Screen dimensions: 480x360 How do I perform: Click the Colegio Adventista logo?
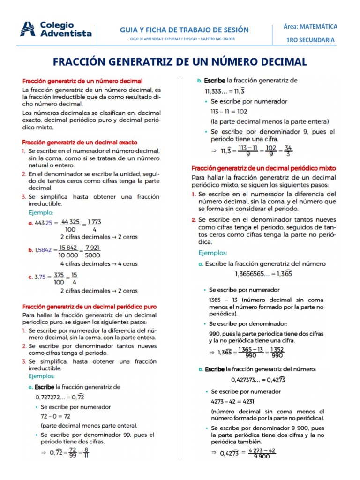[x=56, y=29]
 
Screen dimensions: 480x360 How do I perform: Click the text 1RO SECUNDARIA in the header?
[x=311, y=40]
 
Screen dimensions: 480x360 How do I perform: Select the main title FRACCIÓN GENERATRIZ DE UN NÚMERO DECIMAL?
[x=180, y=61]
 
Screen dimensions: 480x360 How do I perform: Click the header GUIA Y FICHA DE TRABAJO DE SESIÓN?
[x=184, y=30]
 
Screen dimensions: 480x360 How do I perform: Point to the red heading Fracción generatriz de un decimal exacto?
[x=77, y=142]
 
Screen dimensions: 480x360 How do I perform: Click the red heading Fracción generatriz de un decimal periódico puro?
[x=90, y=307]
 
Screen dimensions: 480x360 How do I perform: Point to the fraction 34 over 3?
[x=288, y=151]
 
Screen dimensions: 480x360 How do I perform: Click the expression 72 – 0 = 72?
[x=56, y=416]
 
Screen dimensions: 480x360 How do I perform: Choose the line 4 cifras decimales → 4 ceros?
[x=99, y=263]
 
